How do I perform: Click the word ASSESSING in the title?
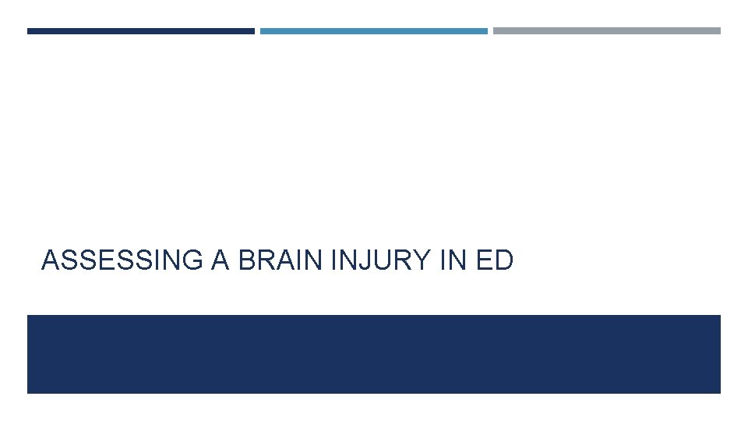(x=122, y=260)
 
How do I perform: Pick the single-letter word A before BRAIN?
(x=221, y=260)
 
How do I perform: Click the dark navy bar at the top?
(x=140, y=31)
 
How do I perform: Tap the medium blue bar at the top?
(x=374, y=31)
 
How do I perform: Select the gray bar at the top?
(x=607, y=31)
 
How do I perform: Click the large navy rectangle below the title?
(x=374, y=354)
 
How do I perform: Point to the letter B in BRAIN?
(x=247, y=260)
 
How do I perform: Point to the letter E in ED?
(x=484, y=260)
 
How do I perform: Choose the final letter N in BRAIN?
(x=316, y=260)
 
